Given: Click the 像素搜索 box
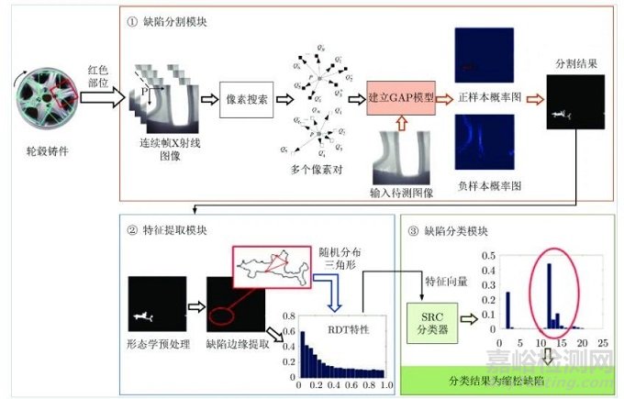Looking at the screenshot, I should point(247,99).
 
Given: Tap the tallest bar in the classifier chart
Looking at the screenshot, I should point(549,295).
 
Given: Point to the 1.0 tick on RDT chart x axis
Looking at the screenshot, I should point(385,383).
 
